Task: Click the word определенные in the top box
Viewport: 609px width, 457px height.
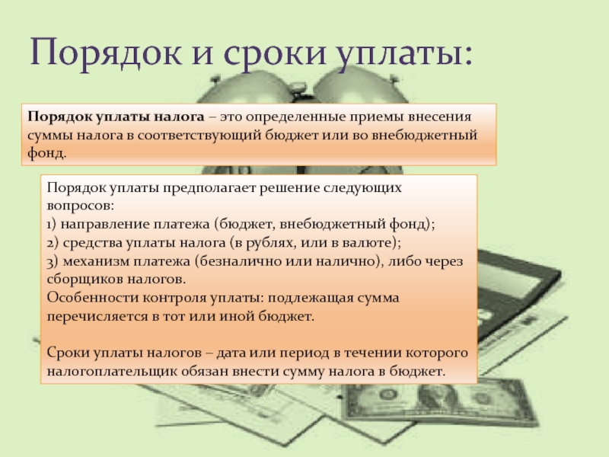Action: (x=295, y=117)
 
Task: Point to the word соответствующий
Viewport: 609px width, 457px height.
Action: (x=199, y=136)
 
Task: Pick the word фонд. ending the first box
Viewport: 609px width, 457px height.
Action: (x=47, y=153)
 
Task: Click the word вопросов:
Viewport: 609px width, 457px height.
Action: (x=81, y=206)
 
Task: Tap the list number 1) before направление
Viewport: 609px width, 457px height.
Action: (x=52, y=224)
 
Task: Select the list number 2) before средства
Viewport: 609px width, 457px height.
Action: (x=53, y=243)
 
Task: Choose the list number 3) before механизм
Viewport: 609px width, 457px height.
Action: (x=53, y=261)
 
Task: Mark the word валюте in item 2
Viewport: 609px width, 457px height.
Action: (x=368, y=243)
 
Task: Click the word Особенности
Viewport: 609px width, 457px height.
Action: (x=92, y=298)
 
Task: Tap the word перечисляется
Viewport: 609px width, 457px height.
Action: (x=97, y=316)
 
